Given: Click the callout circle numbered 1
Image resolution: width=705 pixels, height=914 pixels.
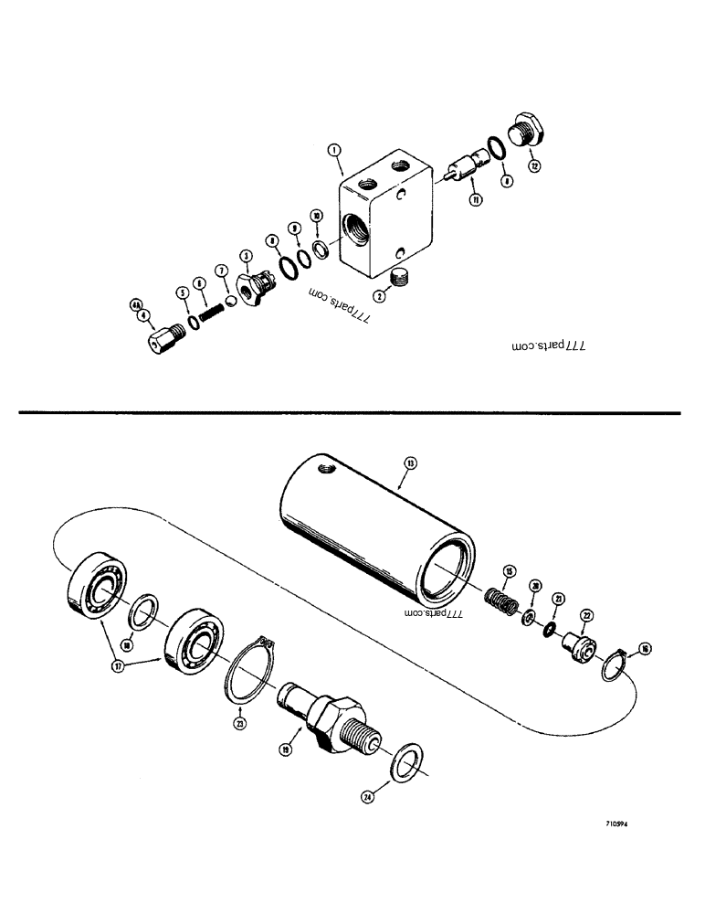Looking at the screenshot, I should pos(336,150).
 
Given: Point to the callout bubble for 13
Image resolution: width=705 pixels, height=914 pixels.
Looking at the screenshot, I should pos(410,464).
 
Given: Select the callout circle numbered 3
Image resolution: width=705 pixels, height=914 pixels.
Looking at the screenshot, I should pos(246,255).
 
